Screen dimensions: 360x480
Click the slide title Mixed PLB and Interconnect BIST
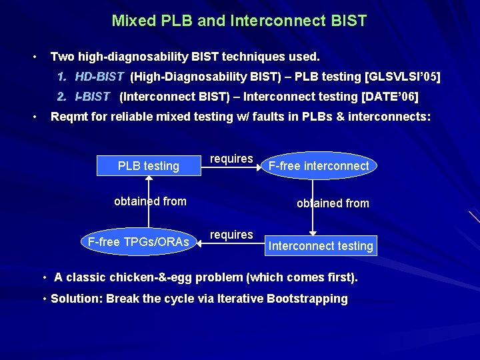coord(239,21)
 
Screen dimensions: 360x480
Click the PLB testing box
coord(149,165)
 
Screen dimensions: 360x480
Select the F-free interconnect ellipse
coord(319,165)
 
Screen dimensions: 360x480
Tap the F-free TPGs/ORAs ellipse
coord(139,241)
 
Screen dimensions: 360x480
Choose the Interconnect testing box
coord(321,245)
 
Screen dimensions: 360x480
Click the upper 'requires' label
coord(231,159)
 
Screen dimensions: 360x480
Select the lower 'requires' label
coord(231,235)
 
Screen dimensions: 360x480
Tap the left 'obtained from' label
coord(150,201)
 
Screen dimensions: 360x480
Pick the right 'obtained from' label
coord(333,203)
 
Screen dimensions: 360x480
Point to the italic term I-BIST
coord(93,97)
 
